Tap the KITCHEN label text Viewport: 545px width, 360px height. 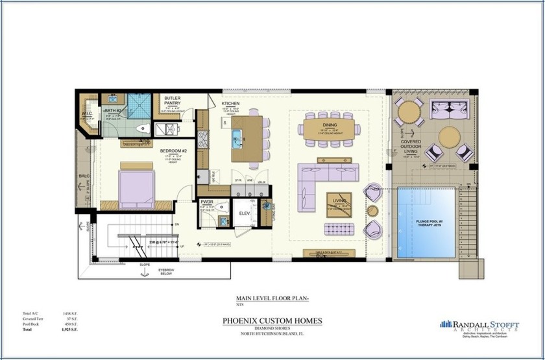pos(231,104)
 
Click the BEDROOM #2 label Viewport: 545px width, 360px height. pos(174,152)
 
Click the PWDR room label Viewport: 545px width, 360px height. pos(207,202)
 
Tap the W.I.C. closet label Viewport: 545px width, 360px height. pos(88,115)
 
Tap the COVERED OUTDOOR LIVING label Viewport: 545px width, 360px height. pos(413,146)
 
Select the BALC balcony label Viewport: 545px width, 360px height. pos(84,175)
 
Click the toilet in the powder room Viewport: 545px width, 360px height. pos(222,207)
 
